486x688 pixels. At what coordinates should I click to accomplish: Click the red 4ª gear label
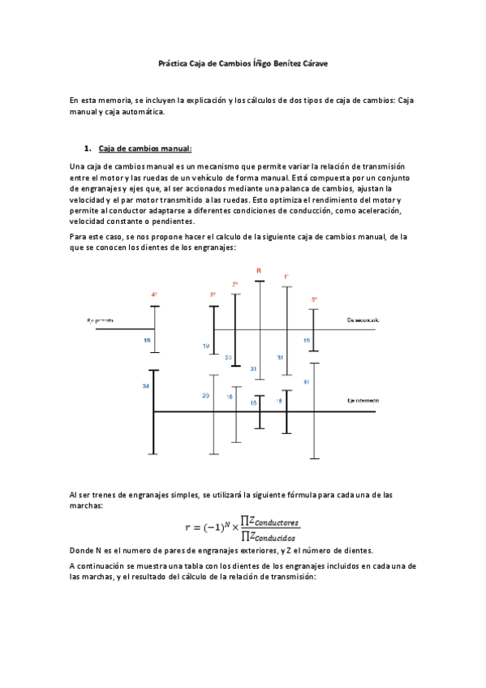[153, 295]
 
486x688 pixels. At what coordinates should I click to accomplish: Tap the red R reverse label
[258, 270]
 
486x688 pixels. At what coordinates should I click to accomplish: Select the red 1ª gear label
[286, 277]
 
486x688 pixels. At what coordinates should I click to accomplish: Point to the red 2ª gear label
[235, 284]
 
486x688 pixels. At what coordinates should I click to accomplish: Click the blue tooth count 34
[145, 386]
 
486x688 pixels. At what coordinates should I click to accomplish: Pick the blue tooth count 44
[306, 381]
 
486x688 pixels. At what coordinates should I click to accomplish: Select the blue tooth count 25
[228, 357]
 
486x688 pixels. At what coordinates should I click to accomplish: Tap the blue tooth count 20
[205, 395]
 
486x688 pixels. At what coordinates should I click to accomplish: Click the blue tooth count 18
[146, 341]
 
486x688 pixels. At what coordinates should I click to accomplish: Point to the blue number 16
[230, 398]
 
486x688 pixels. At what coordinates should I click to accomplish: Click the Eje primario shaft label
[101, 320]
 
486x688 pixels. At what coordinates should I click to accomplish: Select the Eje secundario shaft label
[363, 320]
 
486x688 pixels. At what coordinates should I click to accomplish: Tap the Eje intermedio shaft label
[363, 401]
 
